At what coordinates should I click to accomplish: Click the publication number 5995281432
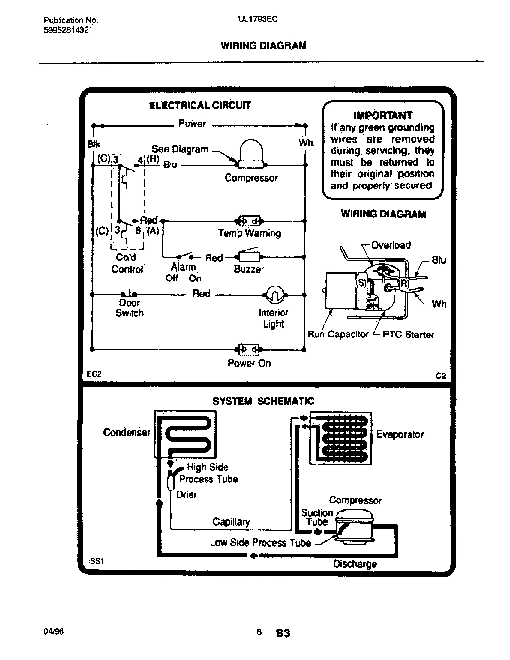point(66,30)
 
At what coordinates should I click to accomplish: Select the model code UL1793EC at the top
point(257,19)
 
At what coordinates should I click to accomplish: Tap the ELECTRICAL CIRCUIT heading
point(200,105)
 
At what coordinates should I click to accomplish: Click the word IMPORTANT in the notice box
point(382,115)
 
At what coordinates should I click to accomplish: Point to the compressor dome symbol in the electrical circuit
point(251,154)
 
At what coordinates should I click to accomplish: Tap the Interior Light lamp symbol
point(275,295)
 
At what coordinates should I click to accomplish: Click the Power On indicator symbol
point(249,349)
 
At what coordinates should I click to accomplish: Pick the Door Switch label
point(130,307)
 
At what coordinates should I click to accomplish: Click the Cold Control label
point(127,263)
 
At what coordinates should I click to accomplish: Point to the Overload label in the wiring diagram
point(391,245)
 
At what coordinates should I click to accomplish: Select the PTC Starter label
point(408,334)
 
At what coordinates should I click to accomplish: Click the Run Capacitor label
point(338,334)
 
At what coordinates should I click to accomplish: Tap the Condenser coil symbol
point(185,434)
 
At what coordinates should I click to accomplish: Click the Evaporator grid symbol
point(340,438)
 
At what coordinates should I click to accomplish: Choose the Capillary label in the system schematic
point(231,522)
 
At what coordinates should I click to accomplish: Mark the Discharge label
point(355,564)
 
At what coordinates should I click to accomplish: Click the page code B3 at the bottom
point(283,633)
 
